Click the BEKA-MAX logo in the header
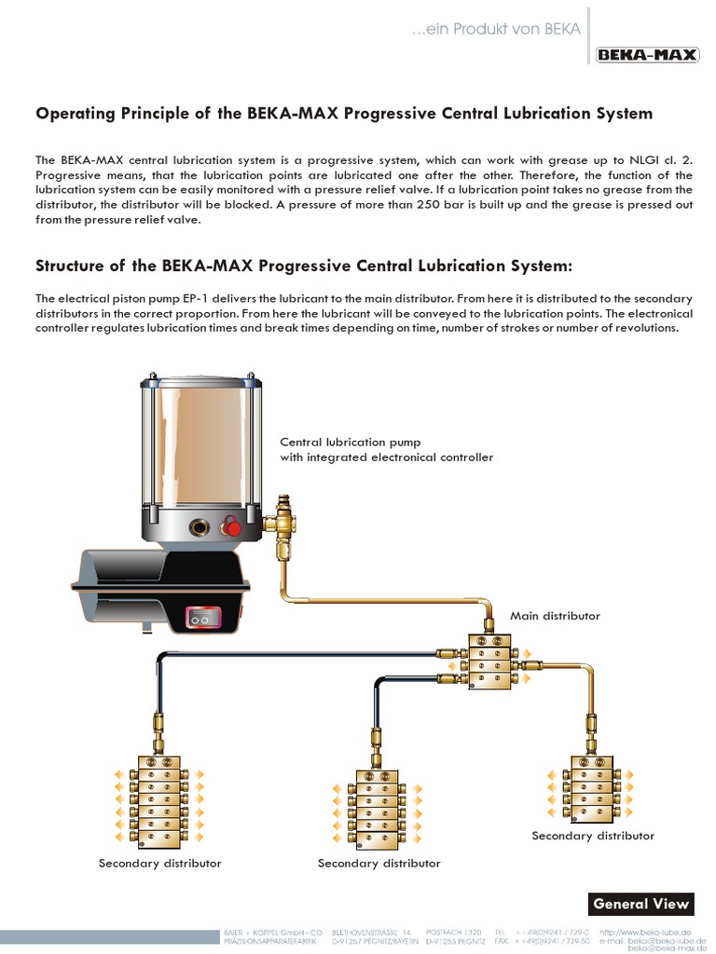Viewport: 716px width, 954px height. click(648, 55)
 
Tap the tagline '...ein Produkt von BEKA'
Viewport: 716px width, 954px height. click(497, 30)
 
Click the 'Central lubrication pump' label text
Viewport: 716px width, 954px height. click(351, 442)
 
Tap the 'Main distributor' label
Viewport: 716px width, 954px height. click(555, 616)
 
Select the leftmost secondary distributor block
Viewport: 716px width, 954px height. click(158, 797)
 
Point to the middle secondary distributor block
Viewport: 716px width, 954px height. click(377, 808)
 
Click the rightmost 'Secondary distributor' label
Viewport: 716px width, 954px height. click(593, 836)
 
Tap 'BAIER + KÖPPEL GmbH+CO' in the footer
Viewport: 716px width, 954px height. click(272, 931)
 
